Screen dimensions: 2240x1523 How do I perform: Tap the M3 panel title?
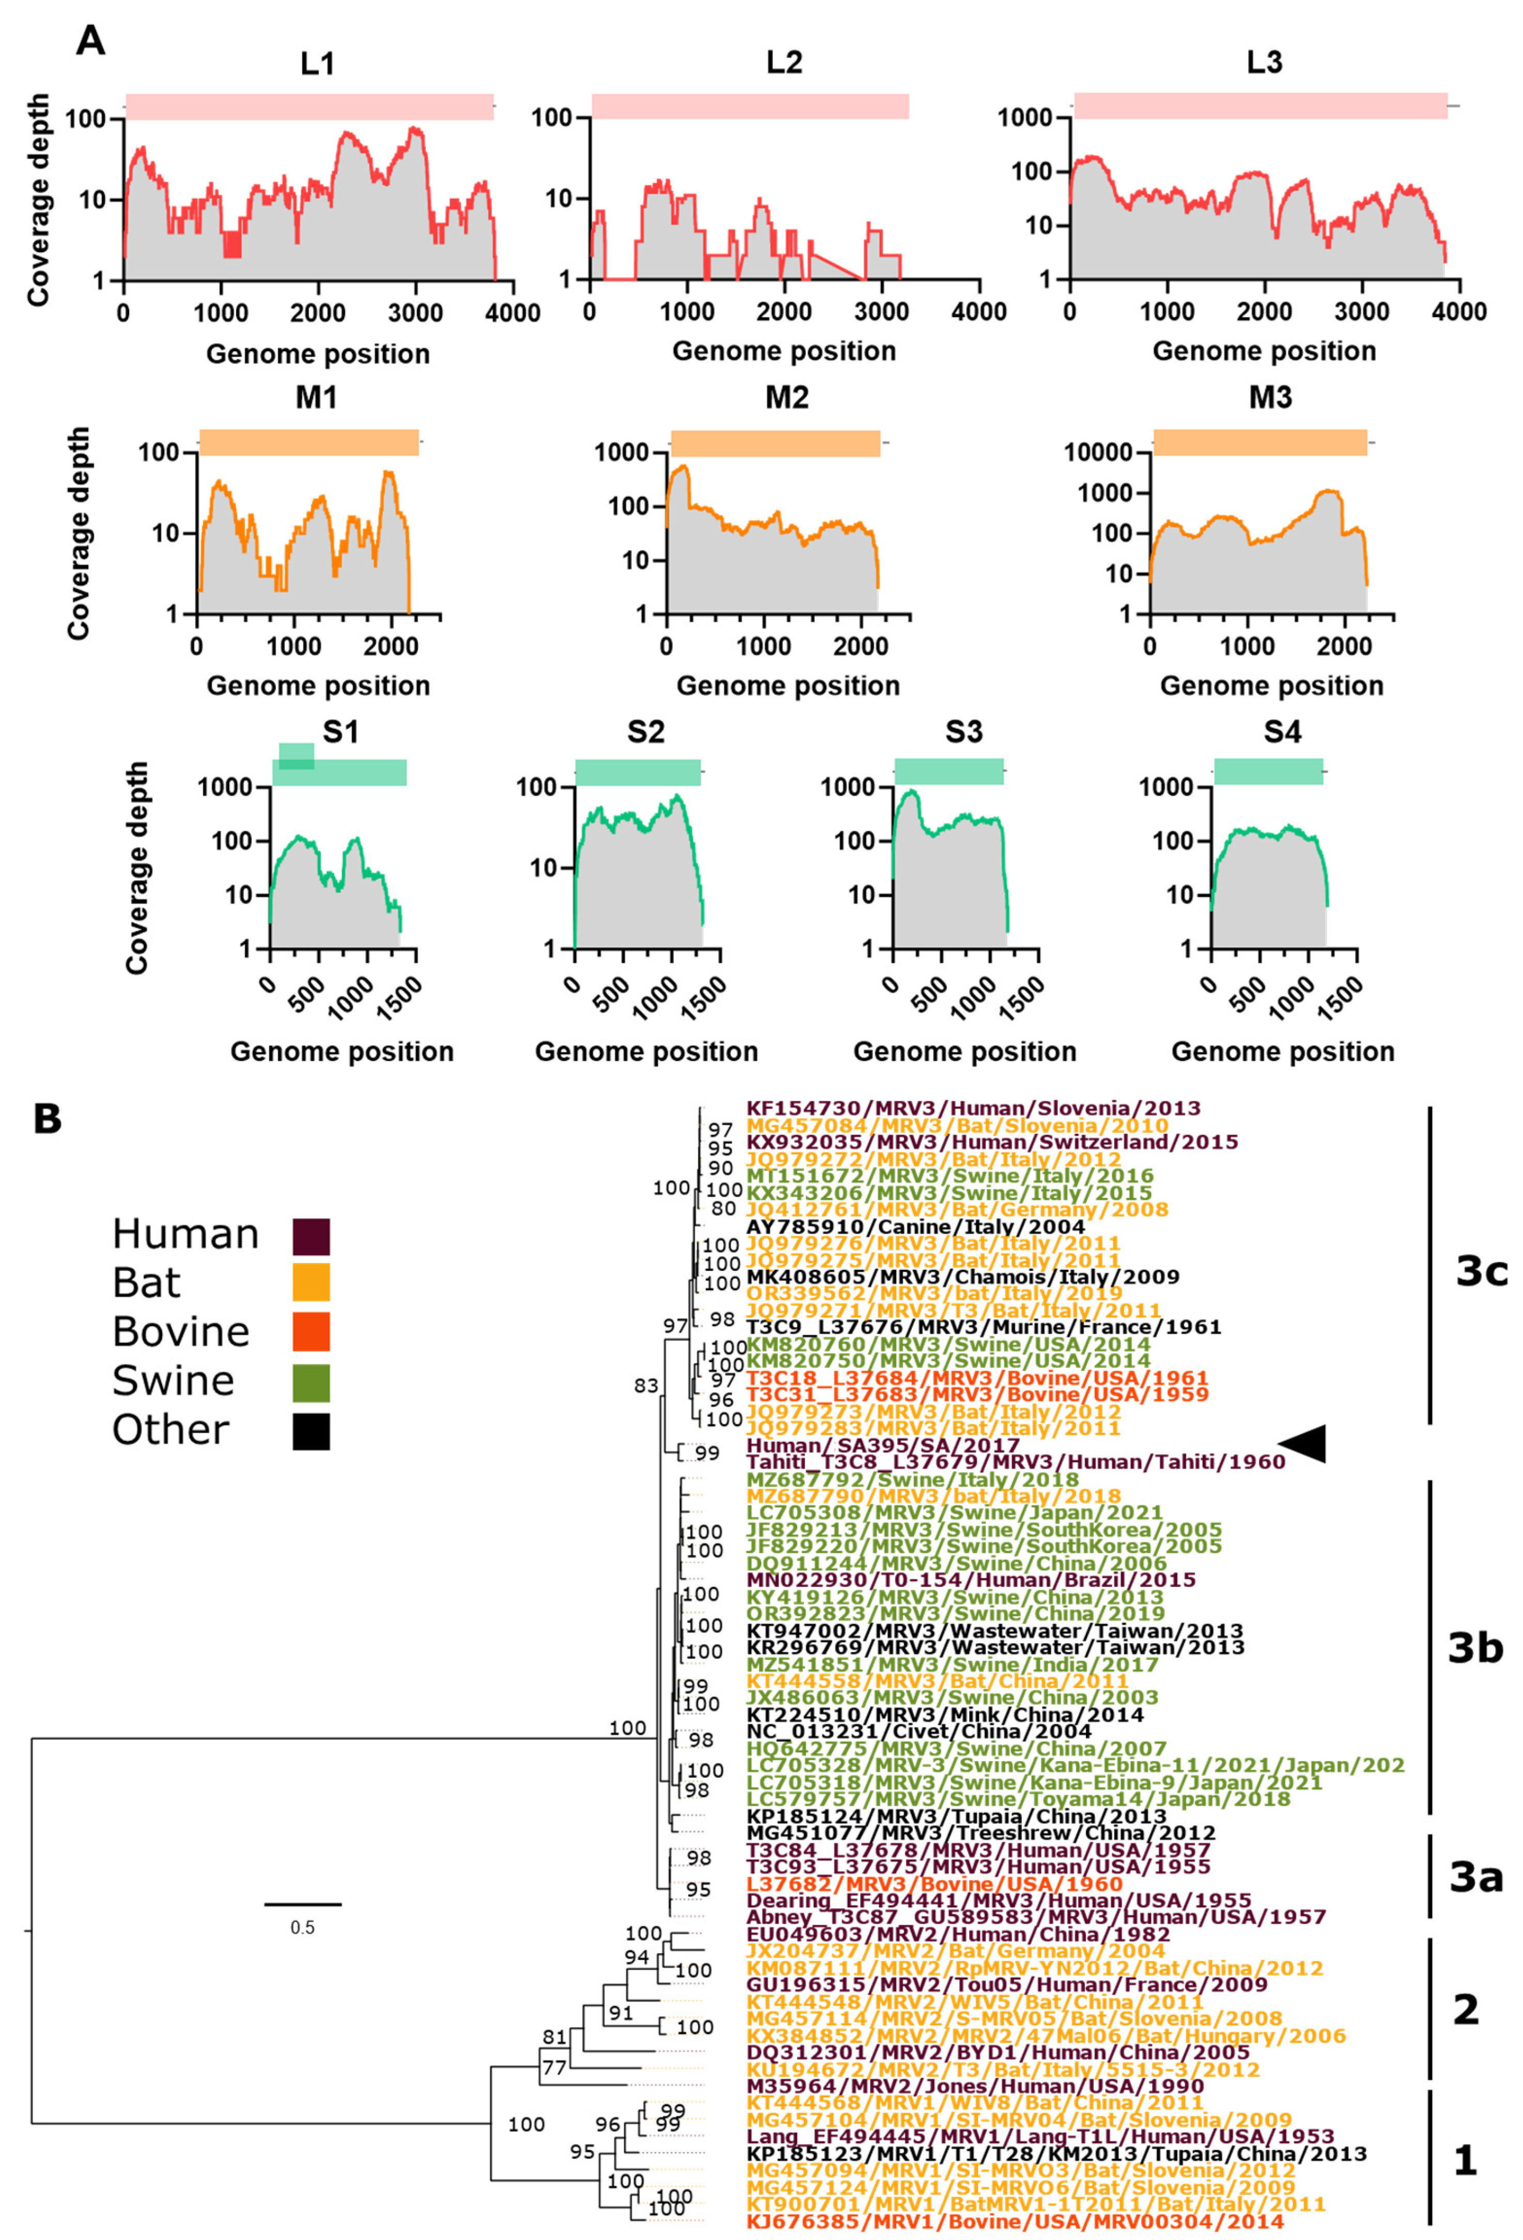point(1270,397)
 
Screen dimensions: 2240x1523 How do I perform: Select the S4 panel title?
point(1282,733)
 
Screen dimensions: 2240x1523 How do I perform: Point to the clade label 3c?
point(1482,1272)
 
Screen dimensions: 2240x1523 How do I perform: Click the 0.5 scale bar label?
point(303,1927)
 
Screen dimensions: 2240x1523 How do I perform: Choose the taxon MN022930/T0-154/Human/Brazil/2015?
point(971,1580)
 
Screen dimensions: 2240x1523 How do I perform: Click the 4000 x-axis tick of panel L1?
point(514,313)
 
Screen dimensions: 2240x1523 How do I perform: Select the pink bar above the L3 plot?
point(1260,106)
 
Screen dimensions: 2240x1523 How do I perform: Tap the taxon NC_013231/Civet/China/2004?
point(919,1731)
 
